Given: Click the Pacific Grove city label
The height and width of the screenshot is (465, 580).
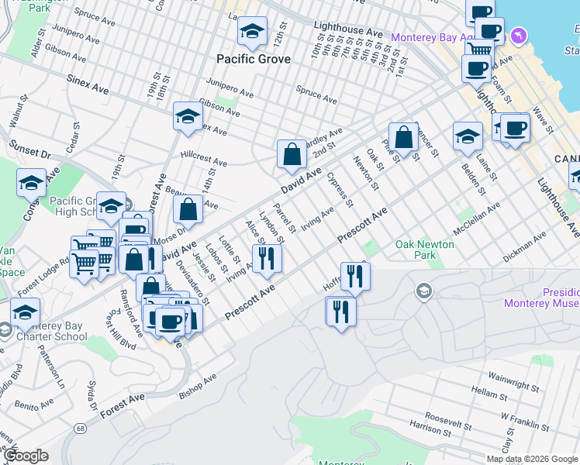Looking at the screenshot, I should click(254, 59).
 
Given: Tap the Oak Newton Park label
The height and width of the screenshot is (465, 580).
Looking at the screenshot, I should click(424, 250).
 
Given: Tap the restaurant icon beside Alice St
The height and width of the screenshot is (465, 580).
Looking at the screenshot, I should click(267, 258).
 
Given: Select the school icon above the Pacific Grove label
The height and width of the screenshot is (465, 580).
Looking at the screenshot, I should click(251, 31).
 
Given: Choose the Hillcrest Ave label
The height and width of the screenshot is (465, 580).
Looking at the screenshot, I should click(203, 158).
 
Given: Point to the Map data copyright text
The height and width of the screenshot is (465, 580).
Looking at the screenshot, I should click(531, 459).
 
